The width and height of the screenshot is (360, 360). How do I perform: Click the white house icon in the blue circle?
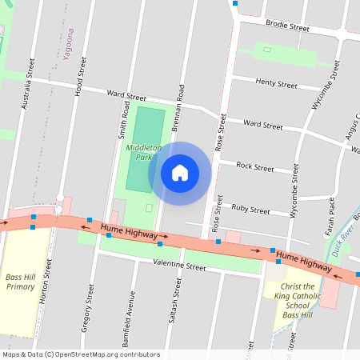(180, 172)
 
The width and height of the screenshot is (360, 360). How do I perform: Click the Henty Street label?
(276, 83)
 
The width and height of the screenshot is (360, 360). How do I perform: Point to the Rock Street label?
(256, 167)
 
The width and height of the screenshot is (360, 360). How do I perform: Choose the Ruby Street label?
(250, 210)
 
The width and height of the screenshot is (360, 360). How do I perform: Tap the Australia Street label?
(30, 82)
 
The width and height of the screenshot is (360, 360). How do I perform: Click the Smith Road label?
(126, 114)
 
